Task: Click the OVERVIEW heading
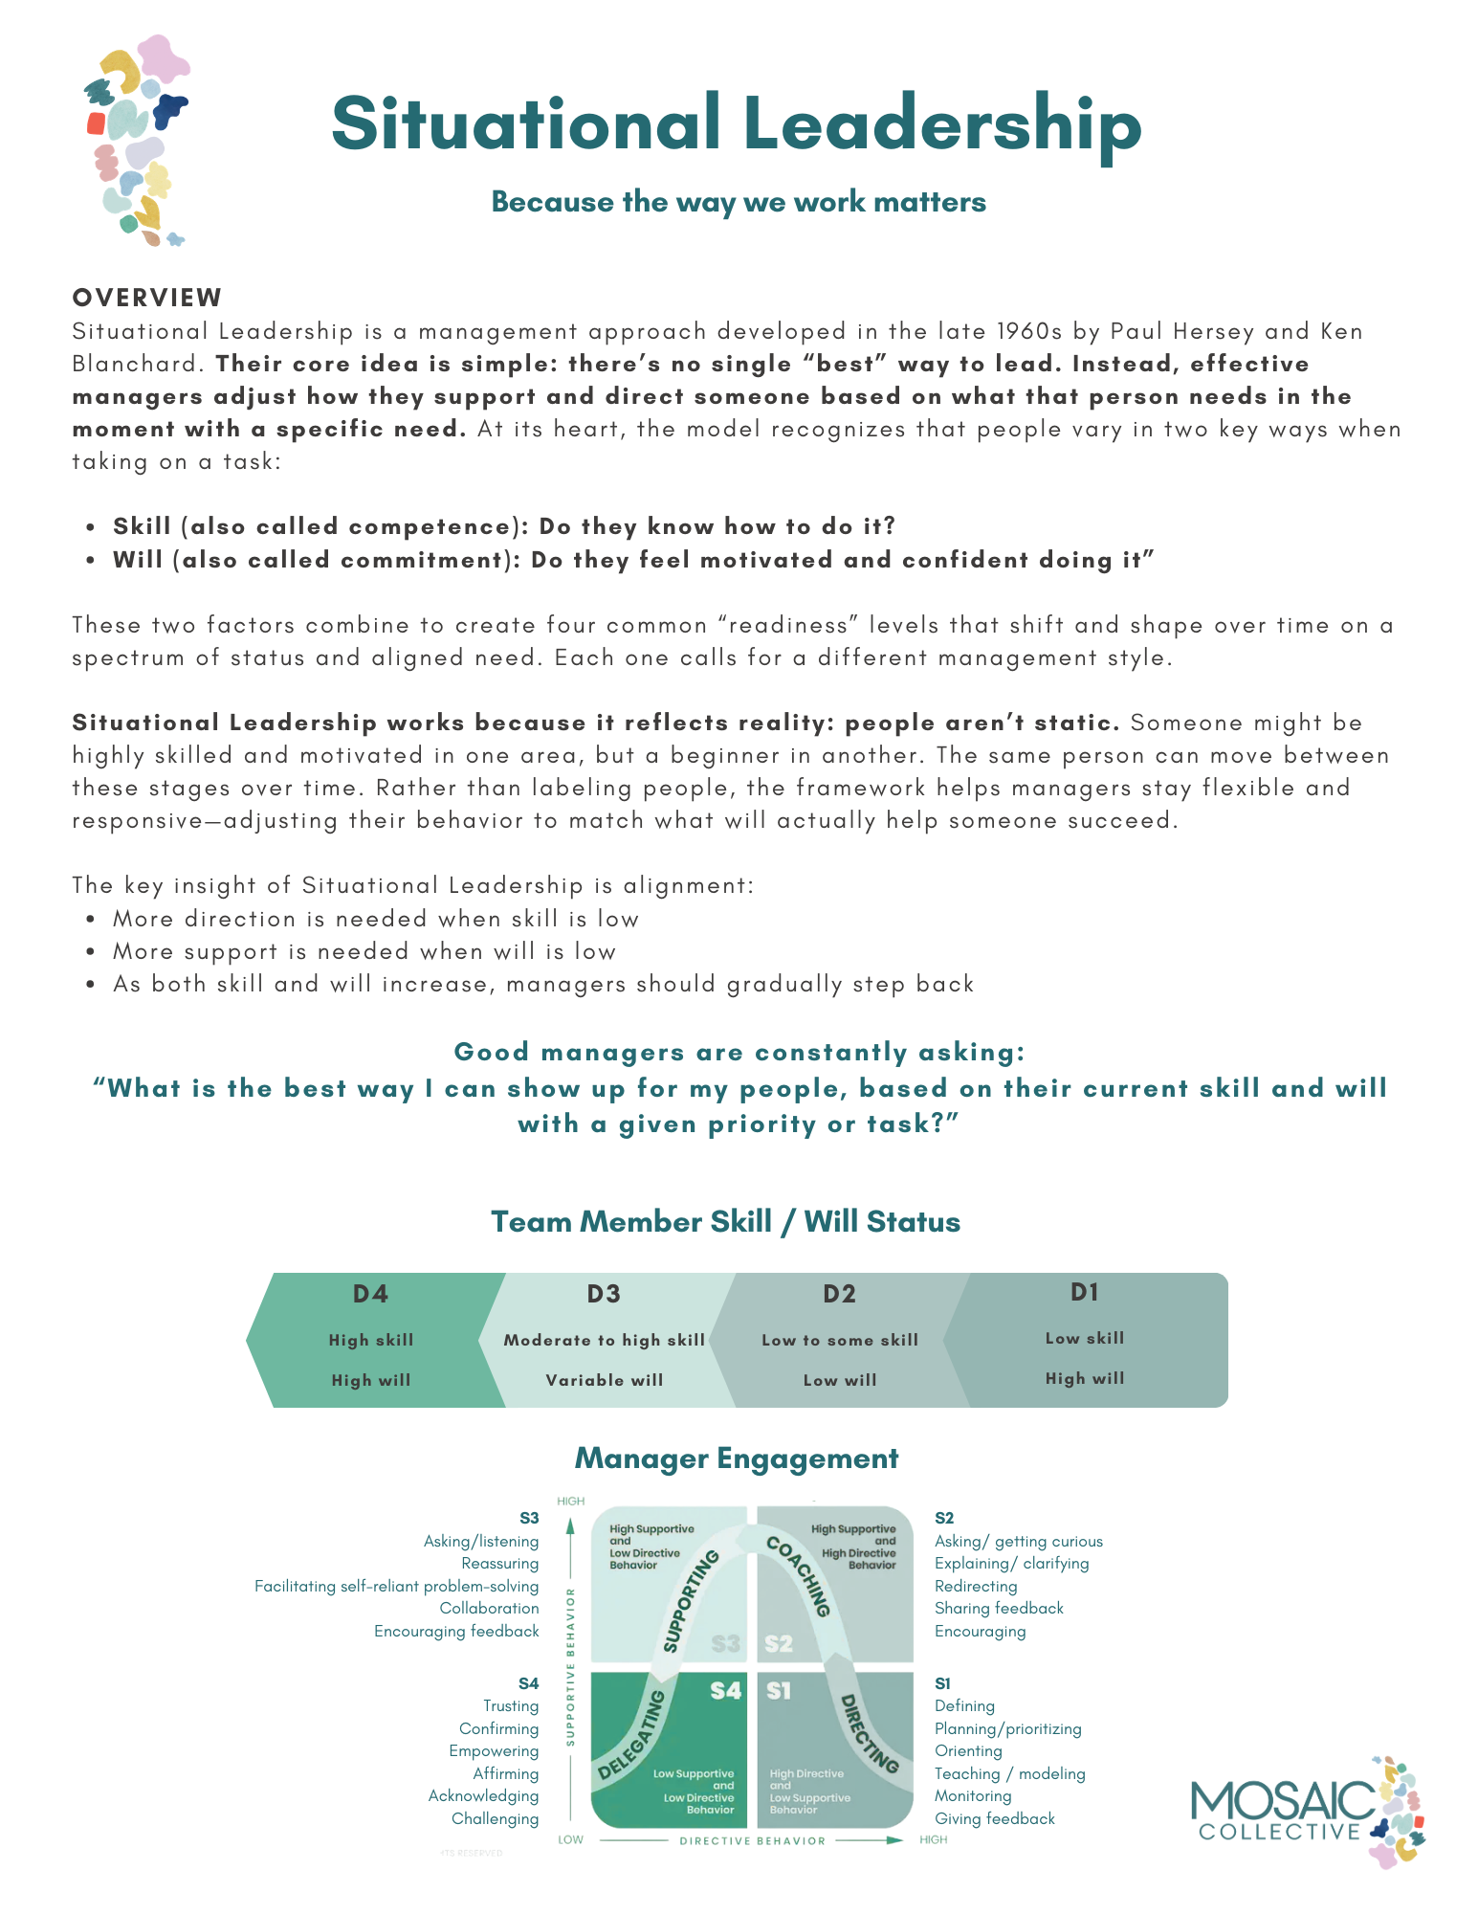pyautogui.click(x=147, y=298)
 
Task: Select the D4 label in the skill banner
pyautogui.click(x=370, y=1294)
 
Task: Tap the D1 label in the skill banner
pyautogui.click(x=1084, y=1292)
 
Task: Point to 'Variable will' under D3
pyautogui.click(x=604, y=1380)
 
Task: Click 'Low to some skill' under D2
pyautogui.click(x=839, y=1340)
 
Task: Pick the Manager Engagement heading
pyautogui.click(x=737, y=1458)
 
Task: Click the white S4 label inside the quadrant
pyautogui.click(x=725, y=1691)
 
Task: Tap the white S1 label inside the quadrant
pyautogui.click(x=779, y=1691)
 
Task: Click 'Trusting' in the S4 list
pyautogui.click(x=511, y=1705)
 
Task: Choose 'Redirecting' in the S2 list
pyautogui.click(x=976, y=1586)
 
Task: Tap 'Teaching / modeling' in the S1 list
pyautogui.click(x=1009, y=1773)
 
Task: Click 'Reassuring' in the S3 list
pyautogui.click(x=499, y=1563)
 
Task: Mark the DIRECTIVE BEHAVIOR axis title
pyautogui.click(x=752, y=1840)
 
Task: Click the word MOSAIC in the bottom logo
pyautogui.click(x=1282, y=1802)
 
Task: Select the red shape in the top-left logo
pyautogui.click(x=96, y=122)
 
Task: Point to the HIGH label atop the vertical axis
pyautogui.click(x=570, y=1501)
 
